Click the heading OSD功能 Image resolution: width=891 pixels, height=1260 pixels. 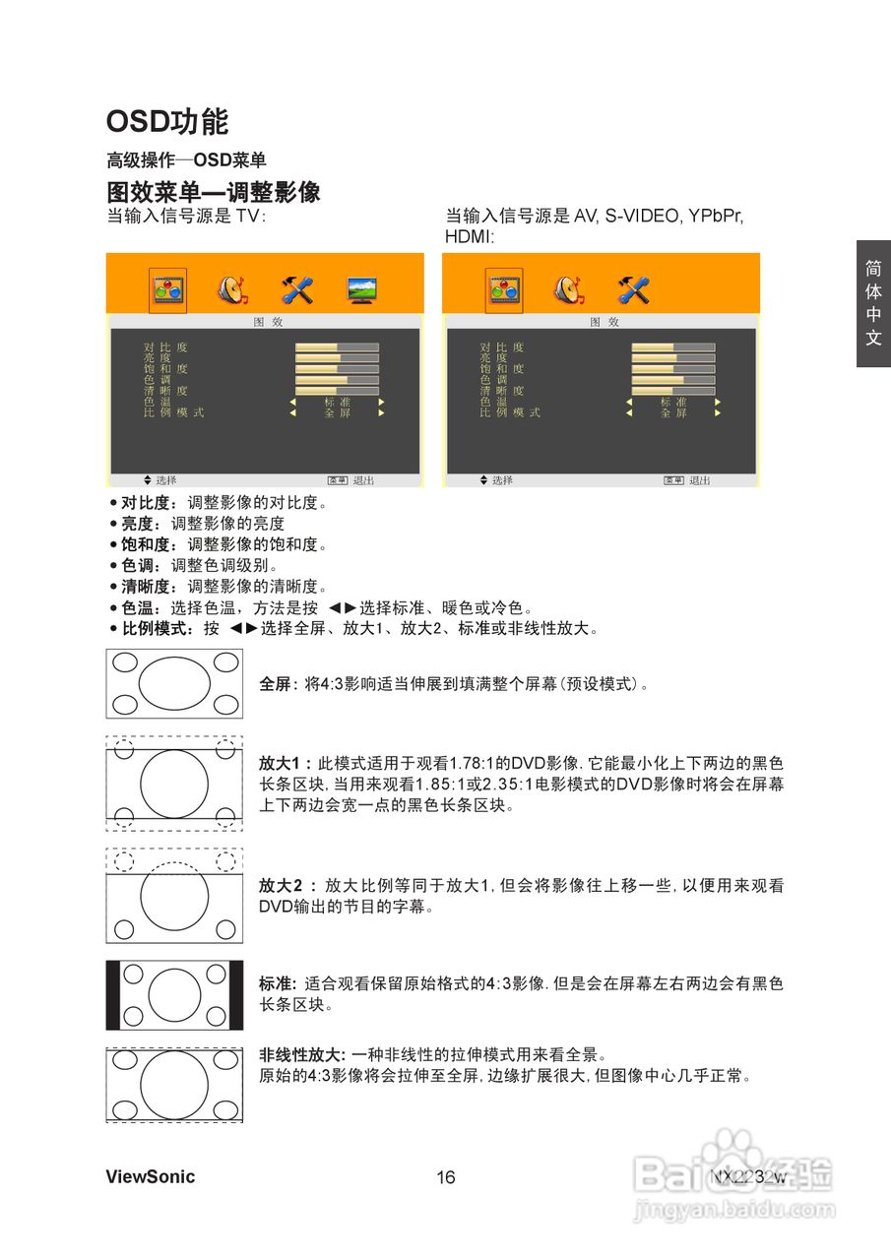pyautogui.click(x=167, y=122)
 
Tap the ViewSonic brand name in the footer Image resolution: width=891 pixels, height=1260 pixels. pyautogui.click(x=151, y=1177)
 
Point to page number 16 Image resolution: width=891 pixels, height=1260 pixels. pyautogui.click(x=446, y=1178)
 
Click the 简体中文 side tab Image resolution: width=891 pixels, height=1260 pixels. pyautogui.click(x=873, y=303)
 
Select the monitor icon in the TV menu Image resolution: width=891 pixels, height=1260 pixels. pyautogui.click(x=361, y=290)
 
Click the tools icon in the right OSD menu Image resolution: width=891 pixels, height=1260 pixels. pyautogui.click(x=633, y=290)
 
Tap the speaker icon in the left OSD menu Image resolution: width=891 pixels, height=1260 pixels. pyautogui.click(x=232, y=290)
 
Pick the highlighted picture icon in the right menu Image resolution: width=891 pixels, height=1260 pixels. pyautogui.click(x=504, y=290)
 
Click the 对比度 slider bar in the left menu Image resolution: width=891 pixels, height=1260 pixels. pyautogui.click(x=337, y=347)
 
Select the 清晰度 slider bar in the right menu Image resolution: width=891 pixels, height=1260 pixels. pyautogui.click(x=673, y=391)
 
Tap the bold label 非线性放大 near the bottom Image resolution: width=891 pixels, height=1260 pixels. pyautogui.click(x=301, y=1055)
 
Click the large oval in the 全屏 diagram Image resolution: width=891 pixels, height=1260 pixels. pyautogui.click(x=175, y=683)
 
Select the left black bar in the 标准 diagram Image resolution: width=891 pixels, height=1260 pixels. pyautogui.click(x=113, y=994)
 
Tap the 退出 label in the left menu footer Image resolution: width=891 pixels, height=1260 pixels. pyautogui.click(x=363, y=480)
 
